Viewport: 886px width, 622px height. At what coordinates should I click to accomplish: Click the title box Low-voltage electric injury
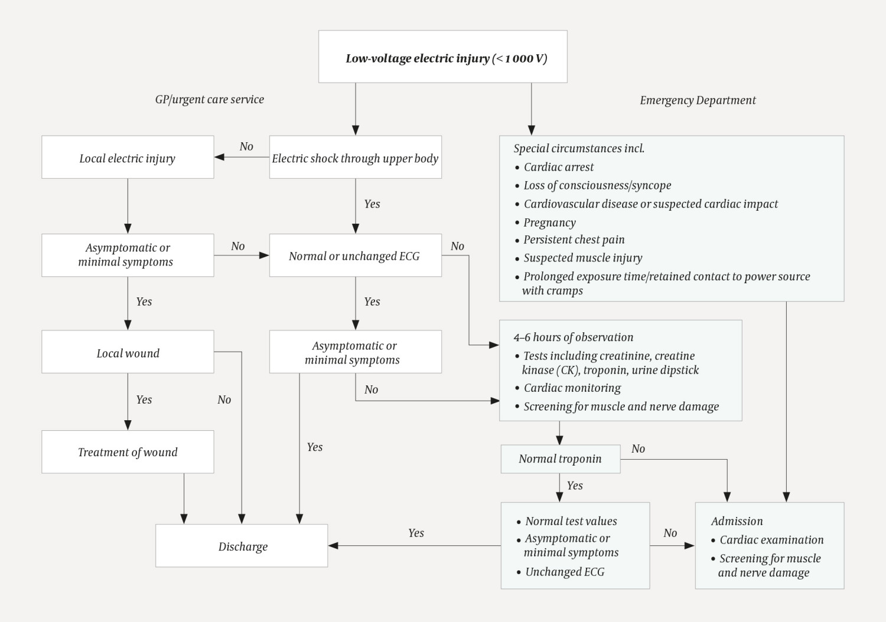tap(443, 57)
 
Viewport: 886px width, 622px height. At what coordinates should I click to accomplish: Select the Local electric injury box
tap(128, 158)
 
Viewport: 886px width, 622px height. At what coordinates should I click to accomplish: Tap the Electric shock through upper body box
tap(355, 158)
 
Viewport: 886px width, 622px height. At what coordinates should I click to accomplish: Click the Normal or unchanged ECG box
tap(355, 256)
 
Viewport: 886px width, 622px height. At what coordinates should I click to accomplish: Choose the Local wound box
tap(128, 352)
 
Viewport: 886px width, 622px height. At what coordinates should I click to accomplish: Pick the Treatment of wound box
tap(128, 451)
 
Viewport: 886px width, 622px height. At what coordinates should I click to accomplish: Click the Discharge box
tap(242, 546)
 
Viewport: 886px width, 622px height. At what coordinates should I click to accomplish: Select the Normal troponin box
tap(560, 459)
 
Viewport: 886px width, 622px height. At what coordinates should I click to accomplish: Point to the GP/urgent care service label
tap(209, 99)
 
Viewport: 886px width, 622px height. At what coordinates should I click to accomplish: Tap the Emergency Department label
tap(698, 100)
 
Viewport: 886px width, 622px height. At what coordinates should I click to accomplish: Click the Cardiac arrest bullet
tap(558, 167)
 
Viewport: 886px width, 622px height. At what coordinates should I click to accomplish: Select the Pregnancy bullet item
tap(549, 222)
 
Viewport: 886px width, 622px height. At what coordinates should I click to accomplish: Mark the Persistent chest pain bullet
tap(574, 240)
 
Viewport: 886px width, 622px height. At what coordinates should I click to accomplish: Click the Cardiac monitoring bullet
tap(572, 388)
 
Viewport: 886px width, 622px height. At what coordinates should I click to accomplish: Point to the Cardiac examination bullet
tap(771, 539)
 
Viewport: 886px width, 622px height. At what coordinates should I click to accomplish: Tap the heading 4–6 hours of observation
tap(573, 337)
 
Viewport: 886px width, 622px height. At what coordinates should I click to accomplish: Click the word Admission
tap(737, 521)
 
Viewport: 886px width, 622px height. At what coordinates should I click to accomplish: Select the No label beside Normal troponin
tap(638, 449)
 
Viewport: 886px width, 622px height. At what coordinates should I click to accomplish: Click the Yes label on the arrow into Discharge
tap(416, 533)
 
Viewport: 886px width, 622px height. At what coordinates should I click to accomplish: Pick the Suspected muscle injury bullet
tap(582, 258)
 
